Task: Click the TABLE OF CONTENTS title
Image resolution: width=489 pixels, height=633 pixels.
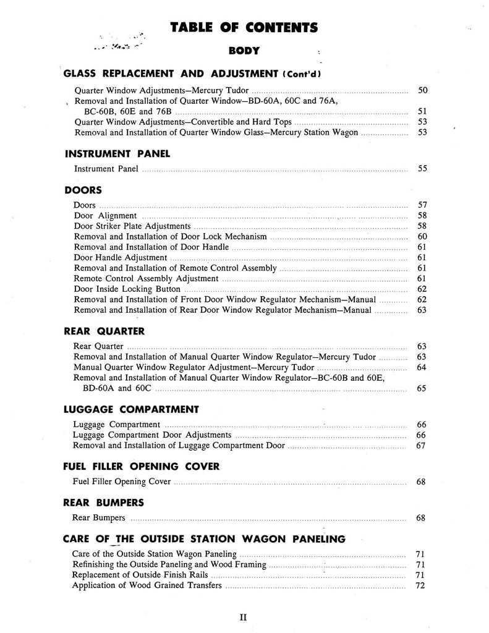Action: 244,27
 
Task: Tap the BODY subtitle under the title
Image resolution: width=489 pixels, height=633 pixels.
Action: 244,51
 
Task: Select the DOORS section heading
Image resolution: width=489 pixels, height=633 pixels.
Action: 83,190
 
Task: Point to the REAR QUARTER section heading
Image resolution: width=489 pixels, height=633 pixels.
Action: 104,331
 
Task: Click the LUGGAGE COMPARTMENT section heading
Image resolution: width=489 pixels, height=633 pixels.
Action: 131,409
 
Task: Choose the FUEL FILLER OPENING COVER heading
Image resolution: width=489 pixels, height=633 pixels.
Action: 142,467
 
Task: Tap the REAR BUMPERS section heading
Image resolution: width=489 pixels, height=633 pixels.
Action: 104,502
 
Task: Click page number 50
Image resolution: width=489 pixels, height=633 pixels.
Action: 422,91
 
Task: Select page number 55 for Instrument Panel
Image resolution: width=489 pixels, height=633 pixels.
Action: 422,168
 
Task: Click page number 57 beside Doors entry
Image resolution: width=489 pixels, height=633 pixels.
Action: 422,205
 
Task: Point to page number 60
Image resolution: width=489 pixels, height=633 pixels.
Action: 422,236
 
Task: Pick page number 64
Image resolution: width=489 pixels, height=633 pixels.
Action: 422,368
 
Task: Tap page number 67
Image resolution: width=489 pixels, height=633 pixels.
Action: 422,446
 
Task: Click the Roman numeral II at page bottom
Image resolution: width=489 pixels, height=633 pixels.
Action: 244,616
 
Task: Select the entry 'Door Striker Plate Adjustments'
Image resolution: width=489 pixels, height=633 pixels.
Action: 132,226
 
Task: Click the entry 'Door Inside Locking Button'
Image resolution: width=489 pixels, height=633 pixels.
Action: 127,289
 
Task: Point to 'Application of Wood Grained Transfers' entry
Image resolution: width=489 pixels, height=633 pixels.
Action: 147,585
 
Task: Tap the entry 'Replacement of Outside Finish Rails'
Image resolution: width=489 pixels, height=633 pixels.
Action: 141,575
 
